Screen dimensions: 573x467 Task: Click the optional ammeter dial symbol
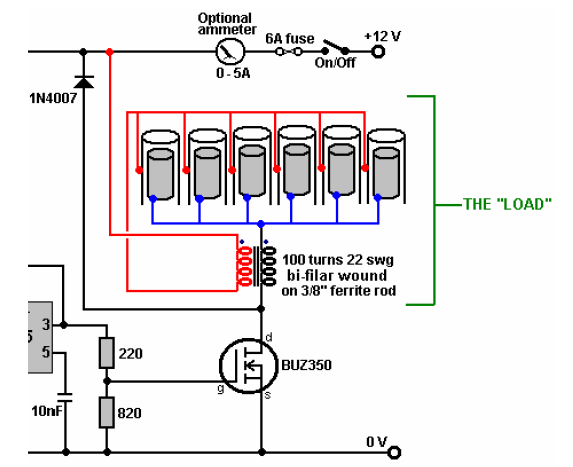point(230,52)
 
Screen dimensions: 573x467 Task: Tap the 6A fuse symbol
point(289,52)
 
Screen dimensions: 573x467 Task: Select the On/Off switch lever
point(335,46)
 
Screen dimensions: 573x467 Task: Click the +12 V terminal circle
point(378,52)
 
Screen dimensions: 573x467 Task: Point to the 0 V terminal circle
point(394,453)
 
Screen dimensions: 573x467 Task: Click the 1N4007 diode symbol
point(84,82)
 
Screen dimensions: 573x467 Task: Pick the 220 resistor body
point(107,353)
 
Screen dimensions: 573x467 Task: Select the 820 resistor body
point(107,412)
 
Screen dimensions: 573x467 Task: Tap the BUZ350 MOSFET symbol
point(248,365)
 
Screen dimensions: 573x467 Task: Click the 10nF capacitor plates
point(66,398)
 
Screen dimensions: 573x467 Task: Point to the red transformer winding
point(245,266)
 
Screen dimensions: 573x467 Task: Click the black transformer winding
point(269,266)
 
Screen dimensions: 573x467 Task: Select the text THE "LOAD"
point(507,204)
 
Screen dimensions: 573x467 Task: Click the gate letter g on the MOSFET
point(220,388)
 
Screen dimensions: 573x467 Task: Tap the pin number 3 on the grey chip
point(46,324)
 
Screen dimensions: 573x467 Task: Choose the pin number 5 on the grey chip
point(46,352)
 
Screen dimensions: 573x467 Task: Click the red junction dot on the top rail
point(109,52)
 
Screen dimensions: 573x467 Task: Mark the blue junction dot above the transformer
point(261,224)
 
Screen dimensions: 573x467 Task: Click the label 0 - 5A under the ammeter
point(233,73)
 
